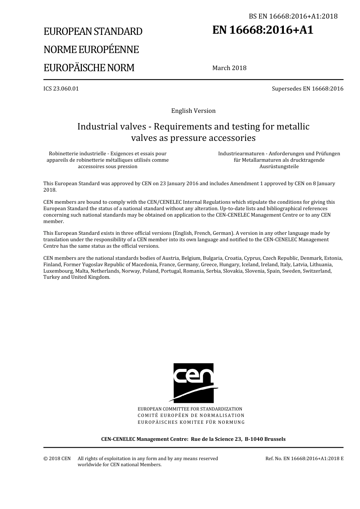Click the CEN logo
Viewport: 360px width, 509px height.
coord(194,383)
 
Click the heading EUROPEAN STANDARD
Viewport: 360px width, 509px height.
coord(93,31)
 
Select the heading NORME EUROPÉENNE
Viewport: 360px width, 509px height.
coord(91,50)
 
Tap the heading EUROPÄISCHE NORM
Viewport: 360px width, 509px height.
coord(89,68)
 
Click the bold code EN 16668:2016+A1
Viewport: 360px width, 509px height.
coord(263,30)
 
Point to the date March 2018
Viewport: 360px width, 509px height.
coord(229,68)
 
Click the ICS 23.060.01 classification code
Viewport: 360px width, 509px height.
coord(61,89)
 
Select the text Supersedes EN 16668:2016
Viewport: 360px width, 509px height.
coord(307,89)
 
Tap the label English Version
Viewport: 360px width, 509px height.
coord(193,111)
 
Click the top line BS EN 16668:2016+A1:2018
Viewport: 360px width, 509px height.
coord(293,16)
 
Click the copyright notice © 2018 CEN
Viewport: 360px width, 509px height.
coord(57,459)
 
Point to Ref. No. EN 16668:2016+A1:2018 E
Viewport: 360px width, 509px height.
coord(304,459)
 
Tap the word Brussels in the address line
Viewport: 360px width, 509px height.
coord(275,439)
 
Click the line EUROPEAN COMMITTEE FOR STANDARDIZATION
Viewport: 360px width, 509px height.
coord(190,409)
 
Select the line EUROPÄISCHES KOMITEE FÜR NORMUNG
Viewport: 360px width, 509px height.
coord(191,422)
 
